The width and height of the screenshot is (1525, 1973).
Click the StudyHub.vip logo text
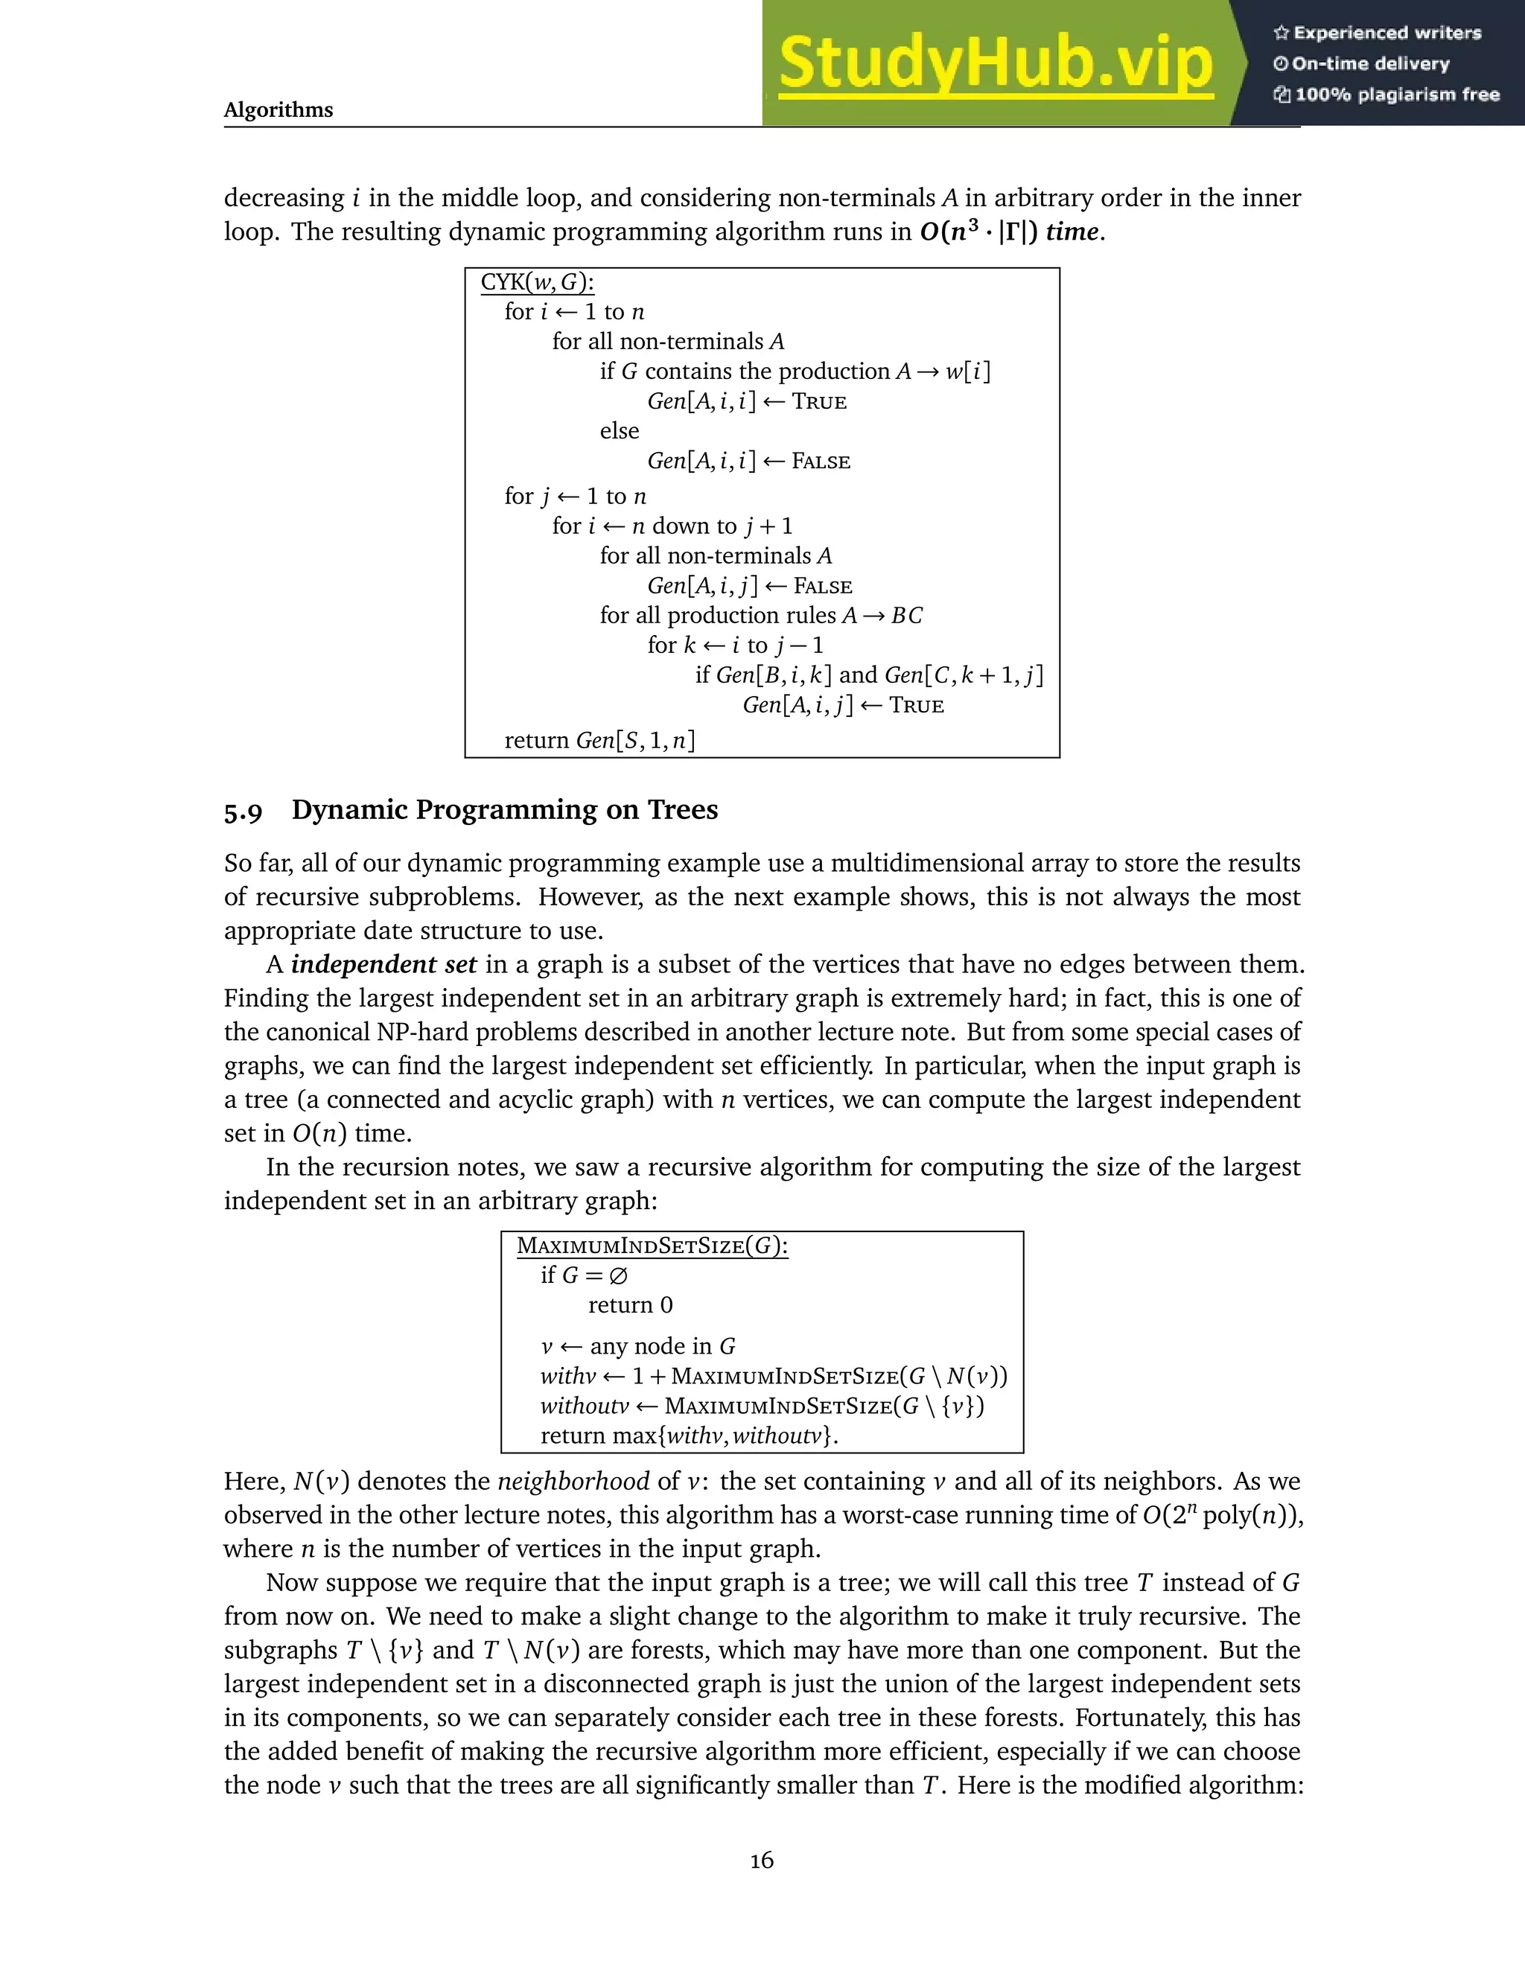tap(996, 63)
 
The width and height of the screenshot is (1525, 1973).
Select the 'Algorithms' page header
tap(278, 110)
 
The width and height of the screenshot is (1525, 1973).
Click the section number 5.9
tap(243, 812)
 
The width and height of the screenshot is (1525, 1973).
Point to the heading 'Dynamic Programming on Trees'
tap(504, 809)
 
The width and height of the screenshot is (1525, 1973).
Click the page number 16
tap(762, 1860)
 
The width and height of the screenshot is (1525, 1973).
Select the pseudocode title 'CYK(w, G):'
tap(537, 282)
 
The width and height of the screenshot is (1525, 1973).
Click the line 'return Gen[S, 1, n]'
tap(599, 741)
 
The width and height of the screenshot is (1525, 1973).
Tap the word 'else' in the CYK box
tap(619, 431)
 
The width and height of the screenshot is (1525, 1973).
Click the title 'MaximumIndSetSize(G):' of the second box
tap(652, 1246)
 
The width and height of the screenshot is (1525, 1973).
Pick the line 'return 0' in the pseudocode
tap(630, 1305)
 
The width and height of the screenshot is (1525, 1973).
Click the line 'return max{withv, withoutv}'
tap(689, 1435)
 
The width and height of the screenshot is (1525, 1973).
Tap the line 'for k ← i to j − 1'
tap(734, 645)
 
